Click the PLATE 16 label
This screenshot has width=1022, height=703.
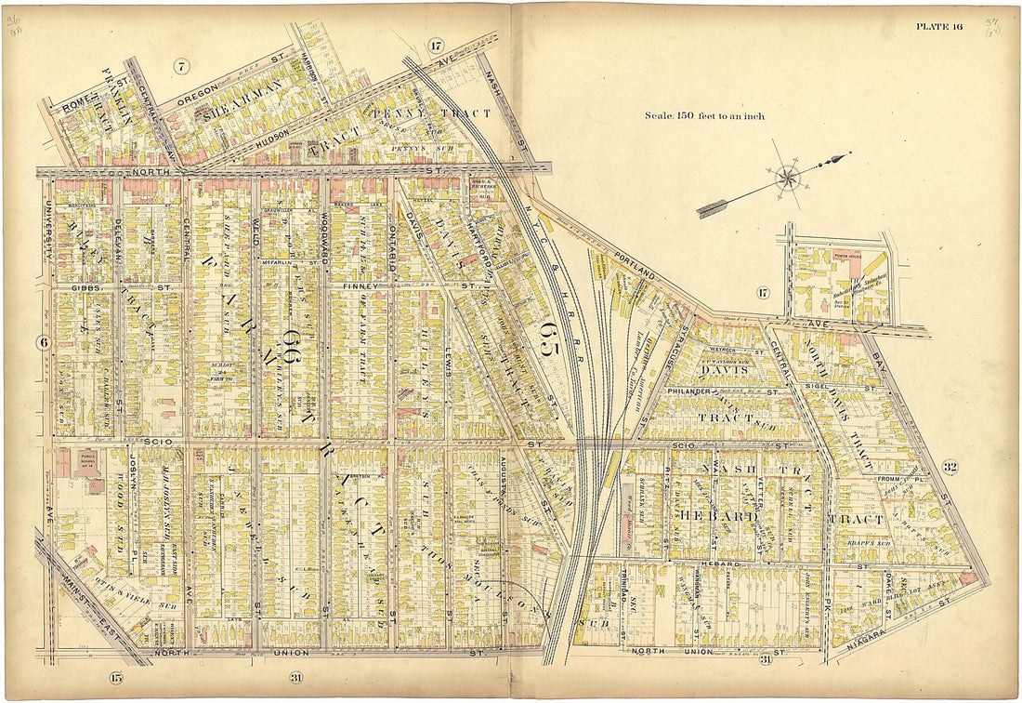click(939, 26)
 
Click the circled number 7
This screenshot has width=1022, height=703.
click(180, 65)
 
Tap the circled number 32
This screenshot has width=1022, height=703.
click(949, 467)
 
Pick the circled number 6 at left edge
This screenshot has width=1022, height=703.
click(43, 342)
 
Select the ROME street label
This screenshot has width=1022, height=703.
click(74, 108)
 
